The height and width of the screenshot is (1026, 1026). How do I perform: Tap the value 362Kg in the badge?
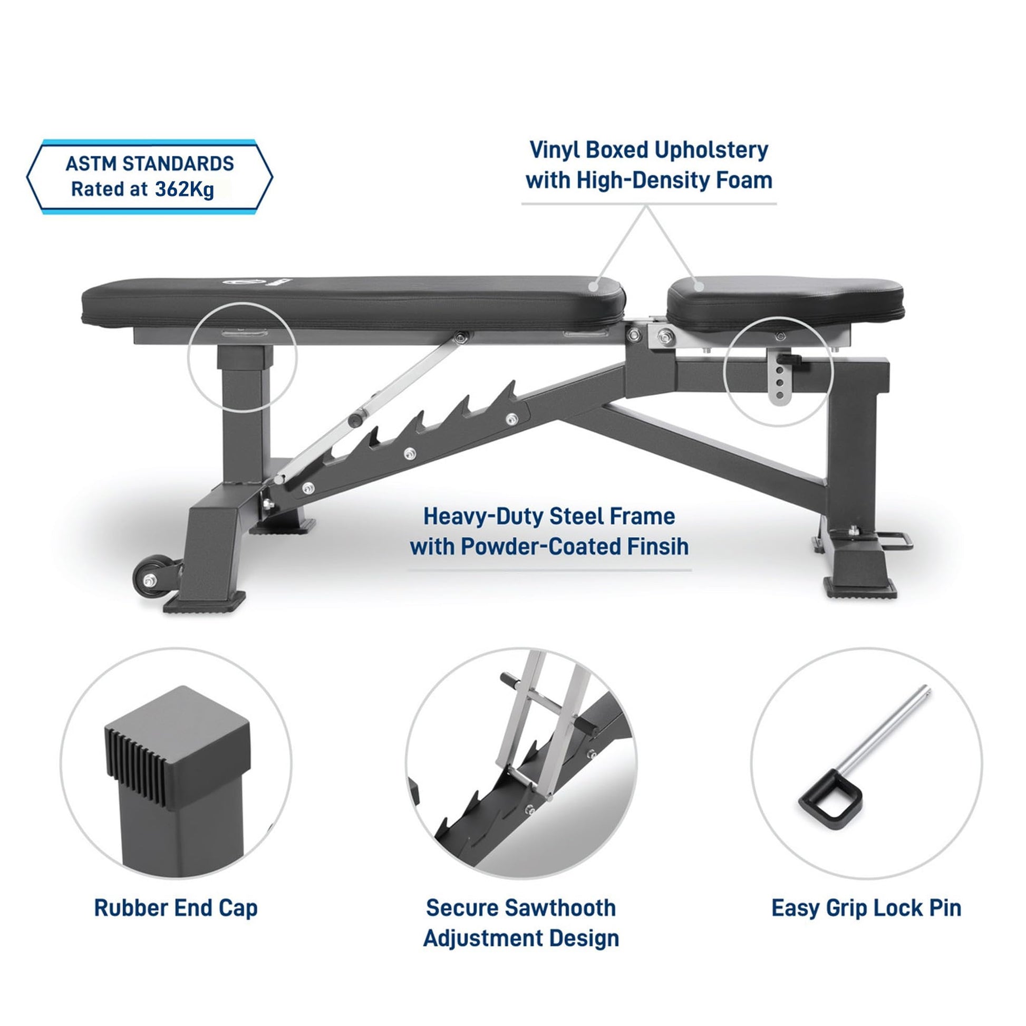tap(185, 190)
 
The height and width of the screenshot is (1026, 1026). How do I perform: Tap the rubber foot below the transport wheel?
tap(204, 602)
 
